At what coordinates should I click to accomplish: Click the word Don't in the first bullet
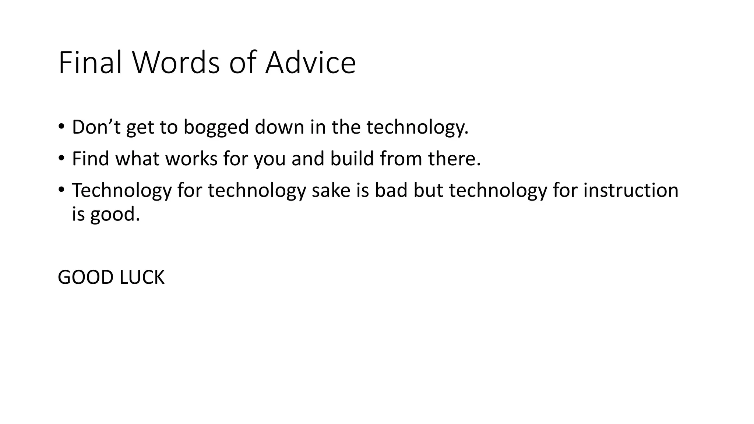96,127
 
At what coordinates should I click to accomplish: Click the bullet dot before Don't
61,127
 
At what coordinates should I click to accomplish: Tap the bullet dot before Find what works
61,158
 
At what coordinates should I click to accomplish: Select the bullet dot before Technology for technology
61,190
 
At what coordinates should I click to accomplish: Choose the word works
191,159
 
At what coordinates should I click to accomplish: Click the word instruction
631,190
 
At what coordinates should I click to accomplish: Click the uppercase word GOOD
85,278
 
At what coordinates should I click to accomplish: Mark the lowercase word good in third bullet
115,214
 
